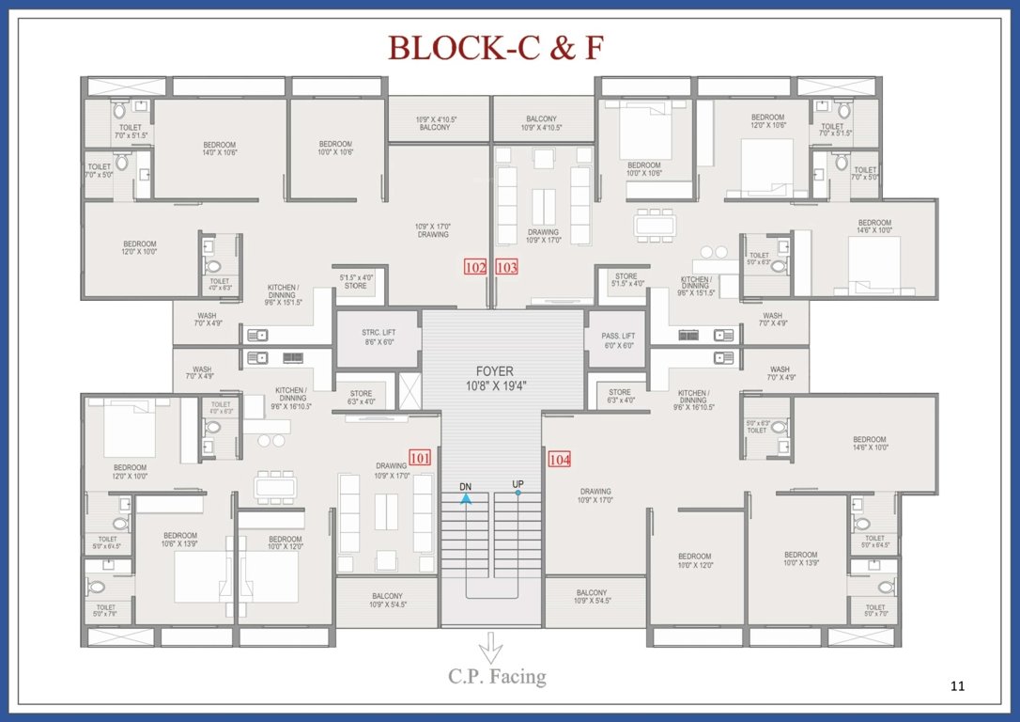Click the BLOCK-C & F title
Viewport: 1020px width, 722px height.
coord(495,47)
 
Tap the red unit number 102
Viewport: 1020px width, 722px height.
coord(475,267)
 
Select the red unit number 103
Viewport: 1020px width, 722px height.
coord(506,267)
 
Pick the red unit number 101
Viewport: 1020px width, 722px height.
coord(420,458)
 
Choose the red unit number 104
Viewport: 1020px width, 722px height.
coord(560,459)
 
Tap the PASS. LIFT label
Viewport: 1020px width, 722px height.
coord(618,340)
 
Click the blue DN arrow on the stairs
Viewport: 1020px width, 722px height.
coord(465,498)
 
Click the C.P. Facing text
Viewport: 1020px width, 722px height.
coord(497,676)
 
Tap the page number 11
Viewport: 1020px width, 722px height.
coord(957,686)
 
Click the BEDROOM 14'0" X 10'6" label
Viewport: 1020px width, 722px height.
coord(220,149)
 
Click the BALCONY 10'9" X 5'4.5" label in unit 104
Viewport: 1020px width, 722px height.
coord(591,596)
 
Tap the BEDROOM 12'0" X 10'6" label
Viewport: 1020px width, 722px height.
coord(767,120)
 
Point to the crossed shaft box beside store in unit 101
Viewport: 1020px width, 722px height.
coord(410,391)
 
